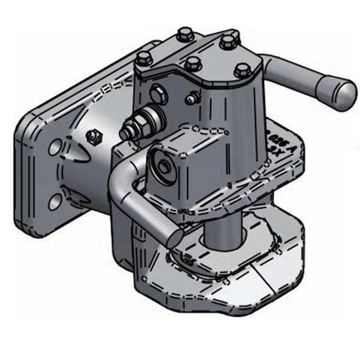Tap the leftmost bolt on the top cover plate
[144, 59]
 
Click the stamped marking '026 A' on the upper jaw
[279, 135]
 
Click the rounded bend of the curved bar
[120, 180]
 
